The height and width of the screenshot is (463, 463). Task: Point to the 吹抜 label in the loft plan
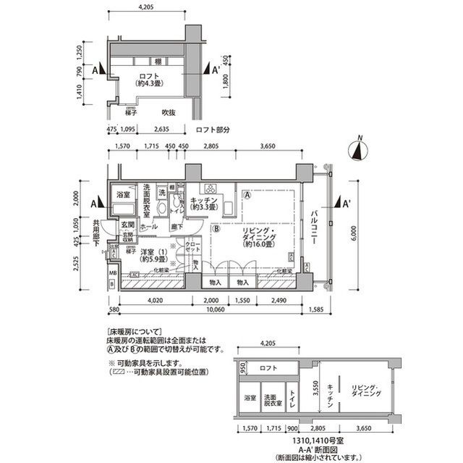pyautogui.click(x=169, y=112)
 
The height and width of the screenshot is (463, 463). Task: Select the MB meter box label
pyautogui.click(x=112, y=273)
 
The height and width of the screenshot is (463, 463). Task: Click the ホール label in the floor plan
pyautogui.click(x=148, y=227)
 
